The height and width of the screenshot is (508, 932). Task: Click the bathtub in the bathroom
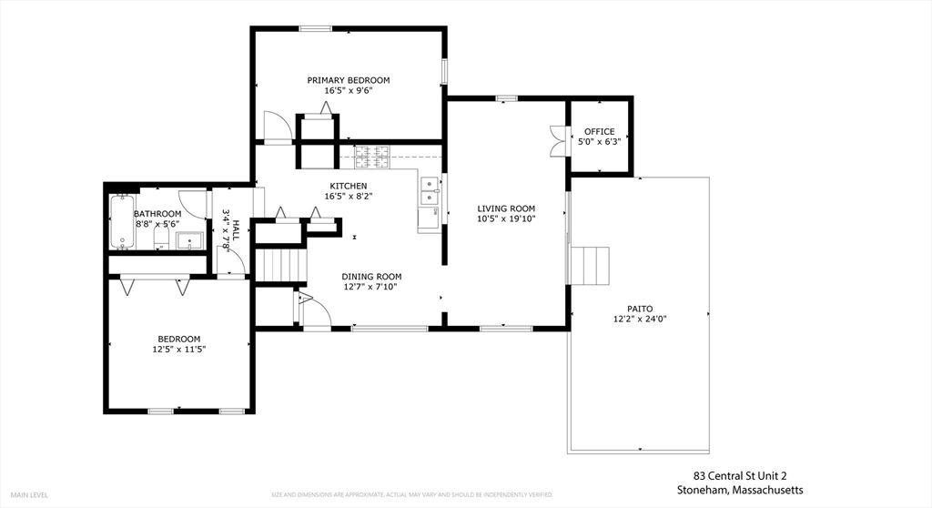tap(121, 222)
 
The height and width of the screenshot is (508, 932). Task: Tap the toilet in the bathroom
tap(160, 239)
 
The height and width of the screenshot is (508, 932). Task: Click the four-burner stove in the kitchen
tap(370, 158)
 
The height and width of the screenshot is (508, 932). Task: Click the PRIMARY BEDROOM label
tap(349, 80)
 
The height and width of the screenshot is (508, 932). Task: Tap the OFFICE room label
tap(599, 132)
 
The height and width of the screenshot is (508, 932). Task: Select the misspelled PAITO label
tap(640, 309)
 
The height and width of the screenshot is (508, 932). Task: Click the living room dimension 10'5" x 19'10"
tap(506, 218)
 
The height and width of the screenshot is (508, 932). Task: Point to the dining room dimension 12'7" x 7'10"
tap(371, 287)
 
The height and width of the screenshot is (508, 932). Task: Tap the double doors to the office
tap(558, 136)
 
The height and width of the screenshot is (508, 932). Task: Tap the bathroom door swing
tap(193, 202)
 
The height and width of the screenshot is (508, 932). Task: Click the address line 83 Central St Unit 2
tap(739, 476)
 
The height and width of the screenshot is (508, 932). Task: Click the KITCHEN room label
tap(349, 186)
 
